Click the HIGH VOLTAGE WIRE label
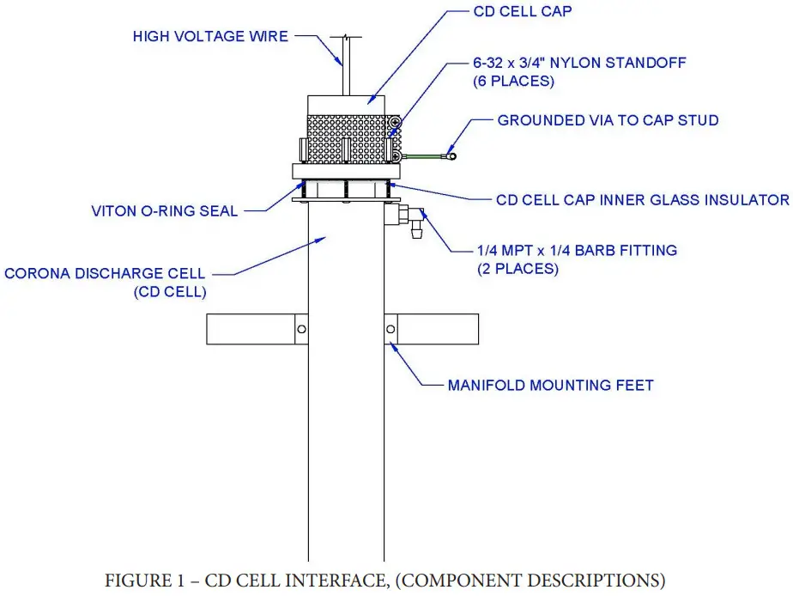(210, 37)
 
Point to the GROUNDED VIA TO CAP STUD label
(608, 120)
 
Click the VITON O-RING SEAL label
(165, 210)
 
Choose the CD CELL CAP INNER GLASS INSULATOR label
(642, 199)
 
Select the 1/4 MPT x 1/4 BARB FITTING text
(577, 251)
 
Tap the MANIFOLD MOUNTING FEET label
(550, 386)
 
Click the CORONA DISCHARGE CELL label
(105, 273)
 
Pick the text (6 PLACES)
(513, 82)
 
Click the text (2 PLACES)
(518, 269)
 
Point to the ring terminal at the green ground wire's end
(449, 156)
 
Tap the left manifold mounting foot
(257, 330)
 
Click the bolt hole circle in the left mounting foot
(301, 330)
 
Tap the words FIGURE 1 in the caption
(153, 581)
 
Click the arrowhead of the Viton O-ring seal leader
(300, 184)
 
